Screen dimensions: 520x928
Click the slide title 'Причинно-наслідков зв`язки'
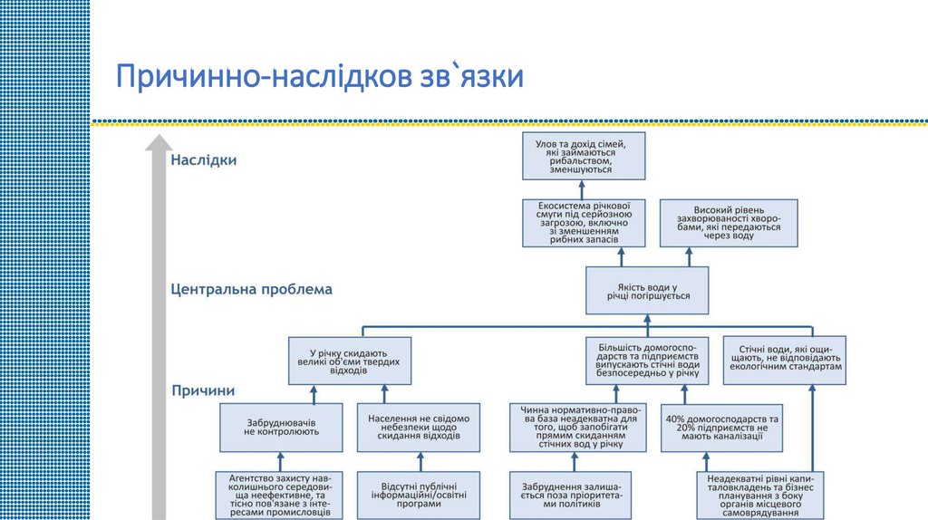coord(319,76)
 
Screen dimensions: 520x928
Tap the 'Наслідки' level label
coord(204,160)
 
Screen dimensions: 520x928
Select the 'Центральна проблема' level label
coord(251,290)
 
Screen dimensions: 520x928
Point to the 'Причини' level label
coord(204,390)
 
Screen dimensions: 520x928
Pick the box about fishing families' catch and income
coord(585,156)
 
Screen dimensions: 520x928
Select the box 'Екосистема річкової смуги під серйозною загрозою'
coord(585,223)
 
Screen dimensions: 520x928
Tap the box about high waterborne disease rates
coord(729,223)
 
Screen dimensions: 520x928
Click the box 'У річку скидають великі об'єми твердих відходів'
coord(350,360)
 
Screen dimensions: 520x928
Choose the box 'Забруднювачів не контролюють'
coord(282,427)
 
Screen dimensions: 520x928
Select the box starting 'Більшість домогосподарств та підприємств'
coord(647,360)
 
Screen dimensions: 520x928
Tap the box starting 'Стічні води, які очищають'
coord(785,360)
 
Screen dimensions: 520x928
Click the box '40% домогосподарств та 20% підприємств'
coord(722,427)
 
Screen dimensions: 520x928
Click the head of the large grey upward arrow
coord(159,143)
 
